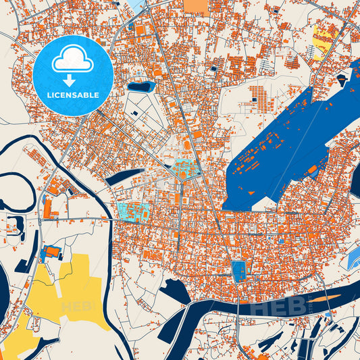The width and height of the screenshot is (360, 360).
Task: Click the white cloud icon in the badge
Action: click(x=72, y=59)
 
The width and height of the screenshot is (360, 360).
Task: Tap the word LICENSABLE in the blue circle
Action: click(x=72, y=95)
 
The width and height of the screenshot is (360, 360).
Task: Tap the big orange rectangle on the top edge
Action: click(x=197, y=7)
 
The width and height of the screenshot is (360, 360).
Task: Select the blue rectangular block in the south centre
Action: click(x=238, y=271)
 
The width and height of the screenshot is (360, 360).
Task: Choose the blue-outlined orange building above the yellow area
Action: click(x=51, y=254)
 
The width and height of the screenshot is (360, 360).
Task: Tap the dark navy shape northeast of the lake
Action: click(x=343, y=80)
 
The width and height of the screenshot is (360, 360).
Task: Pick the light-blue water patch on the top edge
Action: click(x=138, y=5)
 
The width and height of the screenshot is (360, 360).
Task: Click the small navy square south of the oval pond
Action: click(x=134, y=112)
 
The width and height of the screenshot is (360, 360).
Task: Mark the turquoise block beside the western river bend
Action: click(x=134, y=211)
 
